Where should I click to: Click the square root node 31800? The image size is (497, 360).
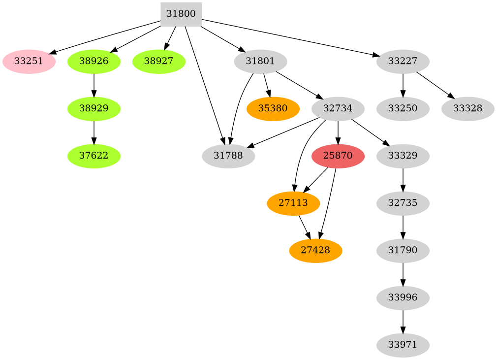181,14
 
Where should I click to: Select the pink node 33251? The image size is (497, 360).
29,62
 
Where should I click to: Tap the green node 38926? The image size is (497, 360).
93,62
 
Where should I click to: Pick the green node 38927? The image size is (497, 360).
159,62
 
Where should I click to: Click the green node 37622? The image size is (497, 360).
93,156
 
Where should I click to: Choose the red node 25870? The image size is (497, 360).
338,156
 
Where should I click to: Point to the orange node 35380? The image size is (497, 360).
273,109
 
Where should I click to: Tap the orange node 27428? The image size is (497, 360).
315,251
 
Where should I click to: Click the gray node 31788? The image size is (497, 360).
228,156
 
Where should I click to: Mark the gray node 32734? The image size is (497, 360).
338,109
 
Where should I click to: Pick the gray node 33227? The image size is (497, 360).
403,62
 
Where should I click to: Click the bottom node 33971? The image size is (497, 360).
403,345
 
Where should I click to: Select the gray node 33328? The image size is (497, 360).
468,109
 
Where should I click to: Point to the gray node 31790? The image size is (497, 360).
403,251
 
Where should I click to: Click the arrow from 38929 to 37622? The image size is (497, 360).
93,132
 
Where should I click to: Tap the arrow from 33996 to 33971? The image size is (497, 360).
403,322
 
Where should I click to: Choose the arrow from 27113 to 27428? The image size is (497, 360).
304,227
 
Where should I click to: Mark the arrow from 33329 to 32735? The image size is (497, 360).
403,180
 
